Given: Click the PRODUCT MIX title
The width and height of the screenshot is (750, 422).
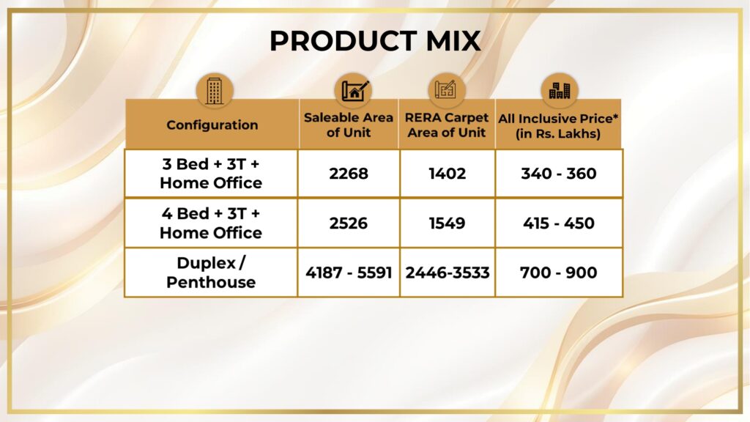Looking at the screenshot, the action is [375, 41].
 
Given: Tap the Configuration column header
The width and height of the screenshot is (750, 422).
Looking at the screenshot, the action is [212, 125].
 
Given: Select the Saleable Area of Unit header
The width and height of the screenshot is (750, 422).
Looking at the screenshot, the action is [348, 125].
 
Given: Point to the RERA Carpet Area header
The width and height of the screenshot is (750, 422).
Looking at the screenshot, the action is [447, 125].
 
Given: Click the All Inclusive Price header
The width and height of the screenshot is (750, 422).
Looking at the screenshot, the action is [558, 126].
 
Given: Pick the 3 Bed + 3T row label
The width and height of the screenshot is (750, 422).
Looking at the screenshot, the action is [211, 173].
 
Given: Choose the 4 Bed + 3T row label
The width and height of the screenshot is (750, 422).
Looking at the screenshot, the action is [211, 223].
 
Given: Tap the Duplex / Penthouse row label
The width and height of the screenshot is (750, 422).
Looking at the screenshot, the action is [211, 273].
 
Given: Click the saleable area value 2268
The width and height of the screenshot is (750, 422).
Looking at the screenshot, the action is [349, 173].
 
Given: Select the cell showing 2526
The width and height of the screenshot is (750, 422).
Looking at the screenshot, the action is [349, 223].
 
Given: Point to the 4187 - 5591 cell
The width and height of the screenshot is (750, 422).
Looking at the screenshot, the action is [349, 273].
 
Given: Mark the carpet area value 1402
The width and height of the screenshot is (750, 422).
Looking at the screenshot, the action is [448, 173].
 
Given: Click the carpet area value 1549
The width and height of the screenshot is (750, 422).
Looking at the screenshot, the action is [448, 223].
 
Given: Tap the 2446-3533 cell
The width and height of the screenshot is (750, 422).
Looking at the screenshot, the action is [448, 273].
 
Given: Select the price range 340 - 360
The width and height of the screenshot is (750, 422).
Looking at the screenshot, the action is [559, 173].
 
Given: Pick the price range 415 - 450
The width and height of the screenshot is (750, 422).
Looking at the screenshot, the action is [559, 223].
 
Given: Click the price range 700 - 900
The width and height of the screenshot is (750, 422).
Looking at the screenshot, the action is [559, 273].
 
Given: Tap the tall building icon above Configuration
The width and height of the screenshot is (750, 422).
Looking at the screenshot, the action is [215, 91].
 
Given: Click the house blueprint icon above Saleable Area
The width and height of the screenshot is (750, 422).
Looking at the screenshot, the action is [354, 90].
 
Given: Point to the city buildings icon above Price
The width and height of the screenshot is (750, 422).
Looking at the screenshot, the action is [559, 90].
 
